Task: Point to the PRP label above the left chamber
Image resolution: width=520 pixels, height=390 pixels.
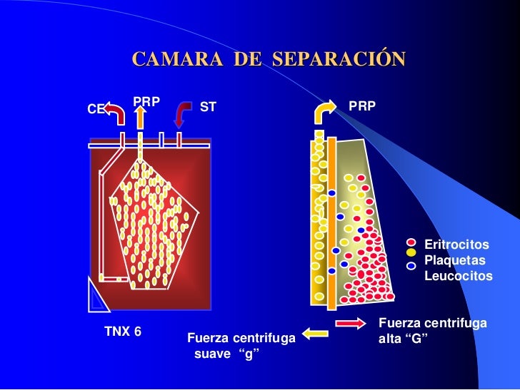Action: click(x=146, y=102)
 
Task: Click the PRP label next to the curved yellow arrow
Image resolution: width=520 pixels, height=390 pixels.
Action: click(x=362, y=106)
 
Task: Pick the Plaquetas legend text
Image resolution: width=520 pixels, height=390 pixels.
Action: click(x=454, y=260)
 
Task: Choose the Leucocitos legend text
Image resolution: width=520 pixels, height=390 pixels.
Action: click(x=458, y=275)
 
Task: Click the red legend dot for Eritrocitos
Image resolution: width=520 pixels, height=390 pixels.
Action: click(x=411, y=242)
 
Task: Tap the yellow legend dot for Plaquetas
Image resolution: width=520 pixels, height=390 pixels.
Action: click(x=411, y=252)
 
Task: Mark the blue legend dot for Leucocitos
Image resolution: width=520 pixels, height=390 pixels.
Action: click(x=411, y=265)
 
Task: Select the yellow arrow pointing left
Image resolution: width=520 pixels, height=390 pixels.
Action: click(x=314, y=332)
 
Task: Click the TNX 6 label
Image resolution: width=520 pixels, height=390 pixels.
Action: click(x=123, y=332)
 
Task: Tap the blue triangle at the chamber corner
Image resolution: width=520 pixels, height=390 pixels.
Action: click(x=98, y=297)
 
